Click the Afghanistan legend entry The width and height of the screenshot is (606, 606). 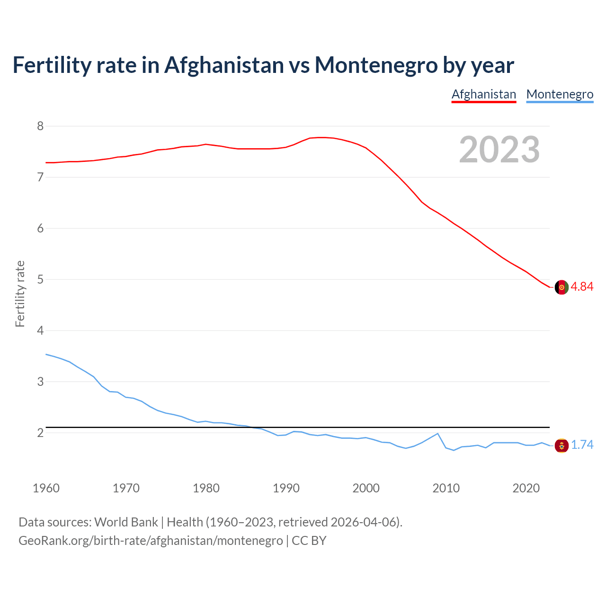[483, 94]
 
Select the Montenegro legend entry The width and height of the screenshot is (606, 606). [560, 94]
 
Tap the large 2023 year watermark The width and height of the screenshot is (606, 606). [499, 150]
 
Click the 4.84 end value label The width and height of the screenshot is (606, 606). [582, 286]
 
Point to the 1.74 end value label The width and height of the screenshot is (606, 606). [582, 445]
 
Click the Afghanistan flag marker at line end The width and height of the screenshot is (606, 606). [561, 287]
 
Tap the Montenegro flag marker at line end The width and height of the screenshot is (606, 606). [561, 445]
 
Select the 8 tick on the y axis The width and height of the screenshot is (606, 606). [40, 126]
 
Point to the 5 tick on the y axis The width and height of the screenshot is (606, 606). [40, 279]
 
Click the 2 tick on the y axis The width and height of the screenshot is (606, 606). [40, 433]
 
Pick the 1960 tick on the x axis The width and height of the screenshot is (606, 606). [46, 488]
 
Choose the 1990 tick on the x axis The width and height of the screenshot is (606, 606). [286, 488]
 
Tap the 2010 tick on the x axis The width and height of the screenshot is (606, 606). [446, 488]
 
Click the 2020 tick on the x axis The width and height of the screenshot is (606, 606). [526, 488]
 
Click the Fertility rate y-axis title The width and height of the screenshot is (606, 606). [20, 294]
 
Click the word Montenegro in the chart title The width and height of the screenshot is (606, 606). [376, 65]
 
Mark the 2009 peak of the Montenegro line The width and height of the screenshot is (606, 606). [438, 433]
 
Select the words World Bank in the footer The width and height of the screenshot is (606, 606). [126, 522]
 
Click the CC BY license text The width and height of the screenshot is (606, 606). [309, 541]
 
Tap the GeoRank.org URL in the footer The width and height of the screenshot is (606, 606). [151, 541]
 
